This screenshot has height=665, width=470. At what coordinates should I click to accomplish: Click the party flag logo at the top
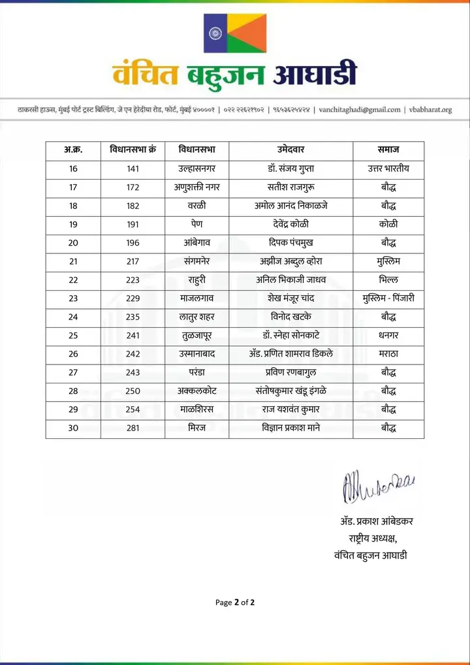[x=235, y=34]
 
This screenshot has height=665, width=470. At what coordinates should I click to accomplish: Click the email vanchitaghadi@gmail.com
[x=360, y=110]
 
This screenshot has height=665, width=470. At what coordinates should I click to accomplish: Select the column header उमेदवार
[x=291, y=150]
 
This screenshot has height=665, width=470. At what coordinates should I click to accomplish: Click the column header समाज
[x=388, y=150]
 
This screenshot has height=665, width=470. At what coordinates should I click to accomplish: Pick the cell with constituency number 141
[x=134, y=169]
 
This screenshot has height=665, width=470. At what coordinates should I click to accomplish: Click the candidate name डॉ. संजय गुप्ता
[x=291, y=169]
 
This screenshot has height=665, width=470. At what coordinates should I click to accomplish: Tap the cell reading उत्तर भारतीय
[x=388, y=169]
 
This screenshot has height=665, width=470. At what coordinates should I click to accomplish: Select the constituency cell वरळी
[x=197, y=206]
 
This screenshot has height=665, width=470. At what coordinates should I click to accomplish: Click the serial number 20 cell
[x=73, y=243]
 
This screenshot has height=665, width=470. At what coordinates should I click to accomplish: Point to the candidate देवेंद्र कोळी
[x=291, y=224]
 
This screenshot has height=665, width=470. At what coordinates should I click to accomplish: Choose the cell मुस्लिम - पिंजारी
[x=388, y=299]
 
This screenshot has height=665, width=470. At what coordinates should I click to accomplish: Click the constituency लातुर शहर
[x=197, y=317]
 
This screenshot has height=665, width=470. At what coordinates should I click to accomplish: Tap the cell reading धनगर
[x=388, y=336]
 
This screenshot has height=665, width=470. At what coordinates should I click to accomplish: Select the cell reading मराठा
[x=388, y=354]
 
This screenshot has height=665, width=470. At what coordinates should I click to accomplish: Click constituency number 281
[x=134, y=429]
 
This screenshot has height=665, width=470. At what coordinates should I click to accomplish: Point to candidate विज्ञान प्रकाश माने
[x=291, y=429]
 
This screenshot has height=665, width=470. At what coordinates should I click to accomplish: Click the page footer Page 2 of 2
[x=235, y=602]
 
